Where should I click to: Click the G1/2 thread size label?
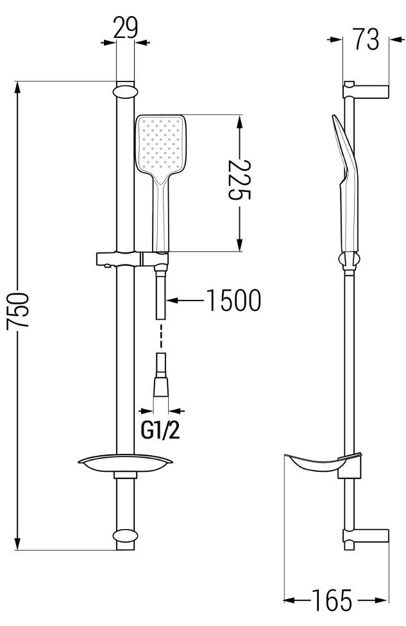(160, 430)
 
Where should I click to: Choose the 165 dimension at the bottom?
(332, 602)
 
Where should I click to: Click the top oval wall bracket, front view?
(125, 90)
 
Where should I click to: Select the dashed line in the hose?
(162, 335)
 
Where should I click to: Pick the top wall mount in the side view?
(367, 91)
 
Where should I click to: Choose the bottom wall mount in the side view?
(367, 537)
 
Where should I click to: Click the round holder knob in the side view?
(350, 260)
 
